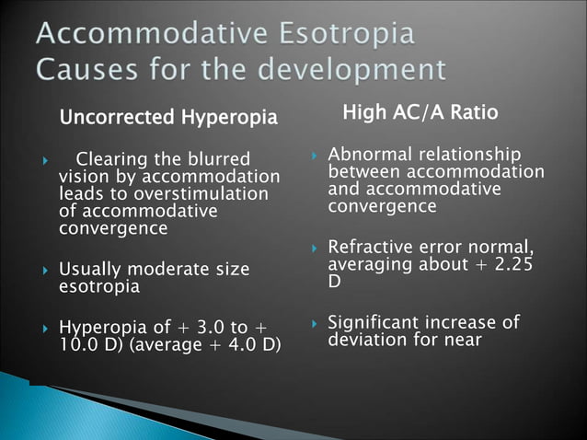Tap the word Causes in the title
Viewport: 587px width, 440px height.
(89, 70)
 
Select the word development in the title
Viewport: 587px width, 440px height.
(355, 70)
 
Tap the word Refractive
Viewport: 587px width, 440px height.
(373, 247)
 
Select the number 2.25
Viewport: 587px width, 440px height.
(515, 264)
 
